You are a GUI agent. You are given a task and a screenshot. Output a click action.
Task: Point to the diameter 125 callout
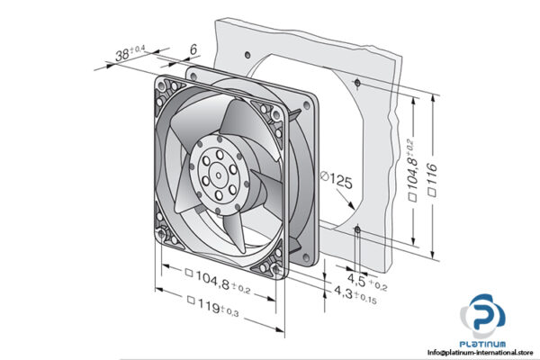(x=335, y=182)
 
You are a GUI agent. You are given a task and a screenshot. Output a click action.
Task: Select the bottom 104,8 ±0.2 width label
(x=216, y=276)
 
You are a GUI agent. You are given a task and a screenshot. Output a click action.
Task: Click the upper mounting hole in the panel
(x=359, y=83)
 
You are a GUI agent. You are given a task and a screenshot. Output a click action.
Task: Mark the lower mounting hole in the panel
(x=358, y=231)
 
